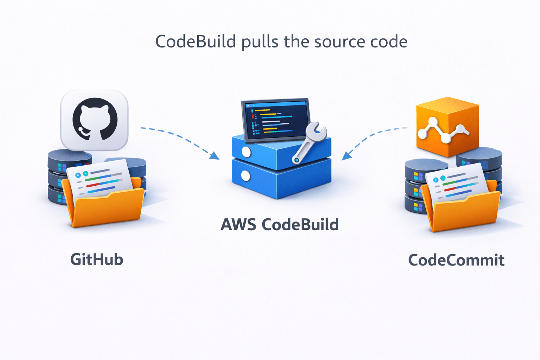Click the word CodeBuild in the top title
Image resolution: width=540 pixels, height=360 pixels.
pyautogui.click(x=195, y=42)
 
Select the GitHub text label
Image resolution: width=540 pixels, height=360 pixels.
pyautogui.click(x=97, y=260)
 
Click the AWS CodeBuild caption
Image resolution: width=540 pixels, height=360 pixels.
pyautogui.click(x=279, y=225)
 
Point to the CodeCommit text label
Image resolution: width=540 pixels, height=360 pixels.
pyautogui.click(x=456, y=261)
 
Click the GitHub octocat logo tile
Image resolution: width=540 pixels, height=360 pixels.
pyautogui.click(x=94, y=120)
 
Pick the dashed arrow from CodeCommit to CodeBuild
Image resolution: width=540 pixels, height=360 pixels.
pyautogui.click(x=373, y=137)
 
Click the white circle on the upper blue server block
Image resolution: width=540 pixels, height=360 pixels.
pyautogui.click(x=246, y=152)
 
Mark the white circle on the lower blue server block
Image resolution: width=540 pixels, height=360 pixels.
pyautogui.click(x=246, y=176)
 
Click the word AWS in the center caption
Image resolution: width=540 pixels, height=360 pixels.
pyautogui.click(x=238, y=225)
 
